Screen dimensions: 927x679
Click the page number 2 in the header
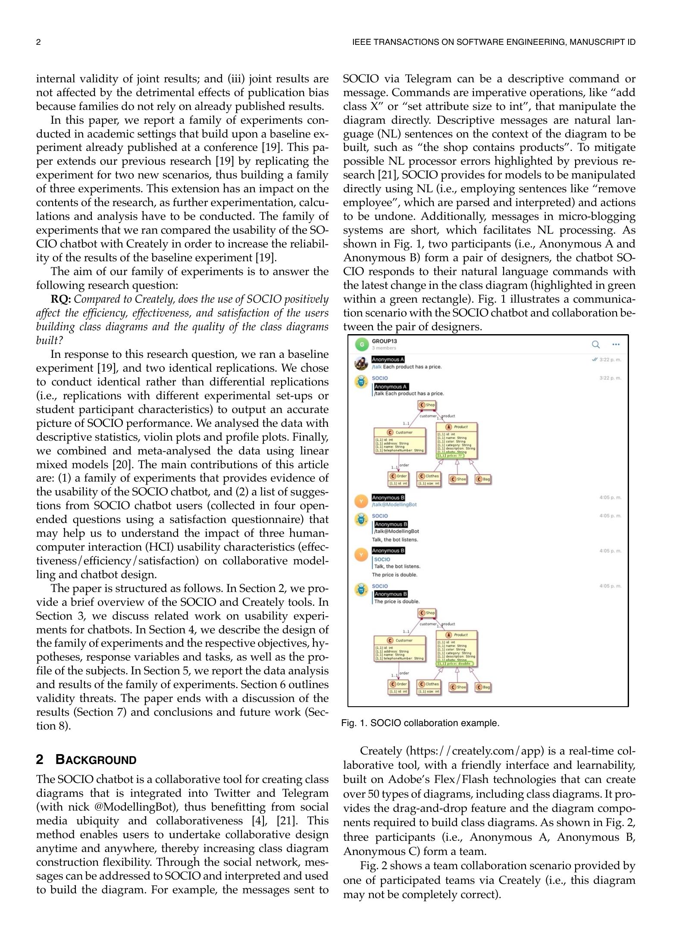pyautogui.click(x=38, y=42)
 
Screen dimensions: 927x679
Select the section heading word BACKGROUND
pyautogui.click(x=96, y=760)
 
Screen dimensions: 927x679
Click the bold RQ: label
pyautogui.click(x=60, y=299)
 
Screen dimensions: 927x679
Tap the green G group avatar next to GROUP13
pyautogui.click(x=362, y=344)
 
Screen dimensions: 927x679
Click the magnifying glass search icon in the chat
pyautogui.click(x=595, y=344)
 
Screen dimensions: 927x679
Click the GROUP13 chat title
pyautogui.click(x=384, y=341)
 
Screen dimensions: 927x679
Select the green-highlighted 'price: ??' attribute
pyautogui.click(x=450, y=455)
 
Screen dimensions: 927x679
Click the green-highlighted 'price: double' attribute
pyautogui.click(x=454, y=663)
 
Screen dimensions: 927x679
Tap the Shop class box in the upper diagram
pyautogui.click(x=427, y=405)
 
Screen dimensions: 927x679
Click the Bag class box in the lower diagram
pyautogui.click(x=483, y=687)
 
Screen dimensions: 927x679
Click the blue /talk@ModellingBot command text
pyautogui.click(x=394, y=504)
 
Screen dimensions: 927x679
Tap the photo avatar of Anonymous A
pyautogui.click(x=361, y=363)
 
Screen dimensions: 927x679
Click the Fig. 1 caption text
pyautogui.click(x=420, y=723)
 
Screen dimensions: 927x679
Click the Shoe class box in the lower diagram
pyautogui.click(x=458, y=687)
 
